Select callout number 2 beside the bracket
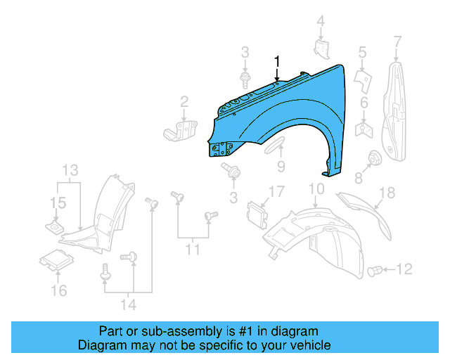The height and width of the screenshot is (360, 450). [184, 101]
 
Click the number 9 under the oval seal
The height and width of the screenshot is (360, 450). [281, 167]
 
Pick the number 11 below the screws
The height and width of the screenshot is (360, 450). [193, 249]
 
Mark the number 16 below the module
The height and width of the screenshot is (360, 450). [59, 290]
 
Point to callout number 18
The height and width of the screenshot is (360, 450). [387, 193]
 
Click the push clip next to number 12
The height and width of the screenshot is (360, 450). [375, 269]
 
